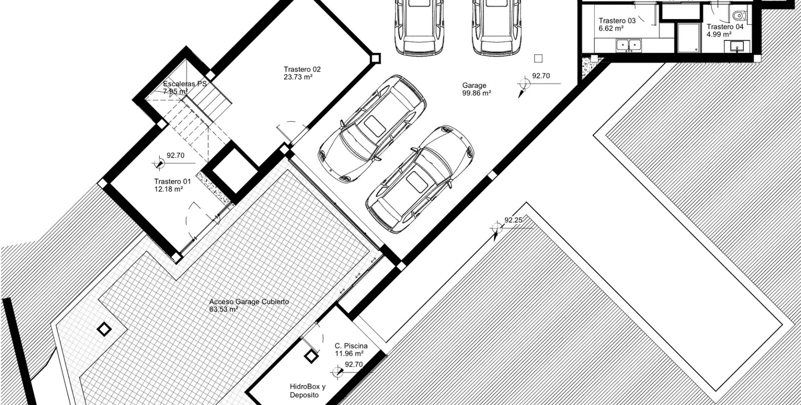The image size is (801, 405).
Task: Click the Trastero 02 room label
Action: coord(302,69)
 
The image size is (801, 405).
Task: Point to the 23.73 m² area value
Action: coord(298,77)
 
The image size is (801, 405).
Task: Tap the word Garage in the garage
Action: coord(474,85)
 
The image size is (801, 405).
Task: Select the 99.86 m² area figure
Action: coord(476,93)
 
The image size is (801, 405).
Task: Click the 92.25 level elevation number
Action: coord(513,220)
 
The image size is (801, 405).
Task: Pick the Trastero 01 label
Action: coord(172,181)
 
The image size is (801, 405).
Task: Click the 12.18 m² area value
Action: coord(168,189)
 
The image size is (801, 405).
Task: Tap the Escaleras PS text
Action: coord(185,84)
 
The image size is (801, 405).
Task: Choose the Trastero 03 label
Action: coord(617,20)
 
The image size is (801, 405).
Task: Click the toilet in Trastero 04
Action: coord(739,15)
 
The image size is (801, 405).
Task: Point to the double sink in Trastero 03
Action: coord(629,45)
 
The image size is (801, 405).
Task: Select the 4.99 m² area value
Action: coord(719,34)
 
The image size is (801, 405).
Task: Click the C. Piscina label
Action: coord(351,345)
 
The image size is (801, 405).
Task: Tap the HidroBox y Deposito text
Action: coord(307,390)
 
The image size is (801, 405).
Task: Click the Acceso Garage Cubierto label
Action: coord(249,301)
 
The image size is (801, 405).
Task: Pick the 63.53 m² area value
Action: coord(223,309)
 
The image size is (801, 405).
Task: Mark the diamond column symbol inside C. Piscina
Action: coord(311,356)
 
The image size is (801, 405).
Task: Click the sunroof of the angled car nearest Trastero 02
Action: coord(374,125)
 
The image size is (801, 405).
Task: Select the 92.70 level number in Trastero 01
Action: coord(176,155)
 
